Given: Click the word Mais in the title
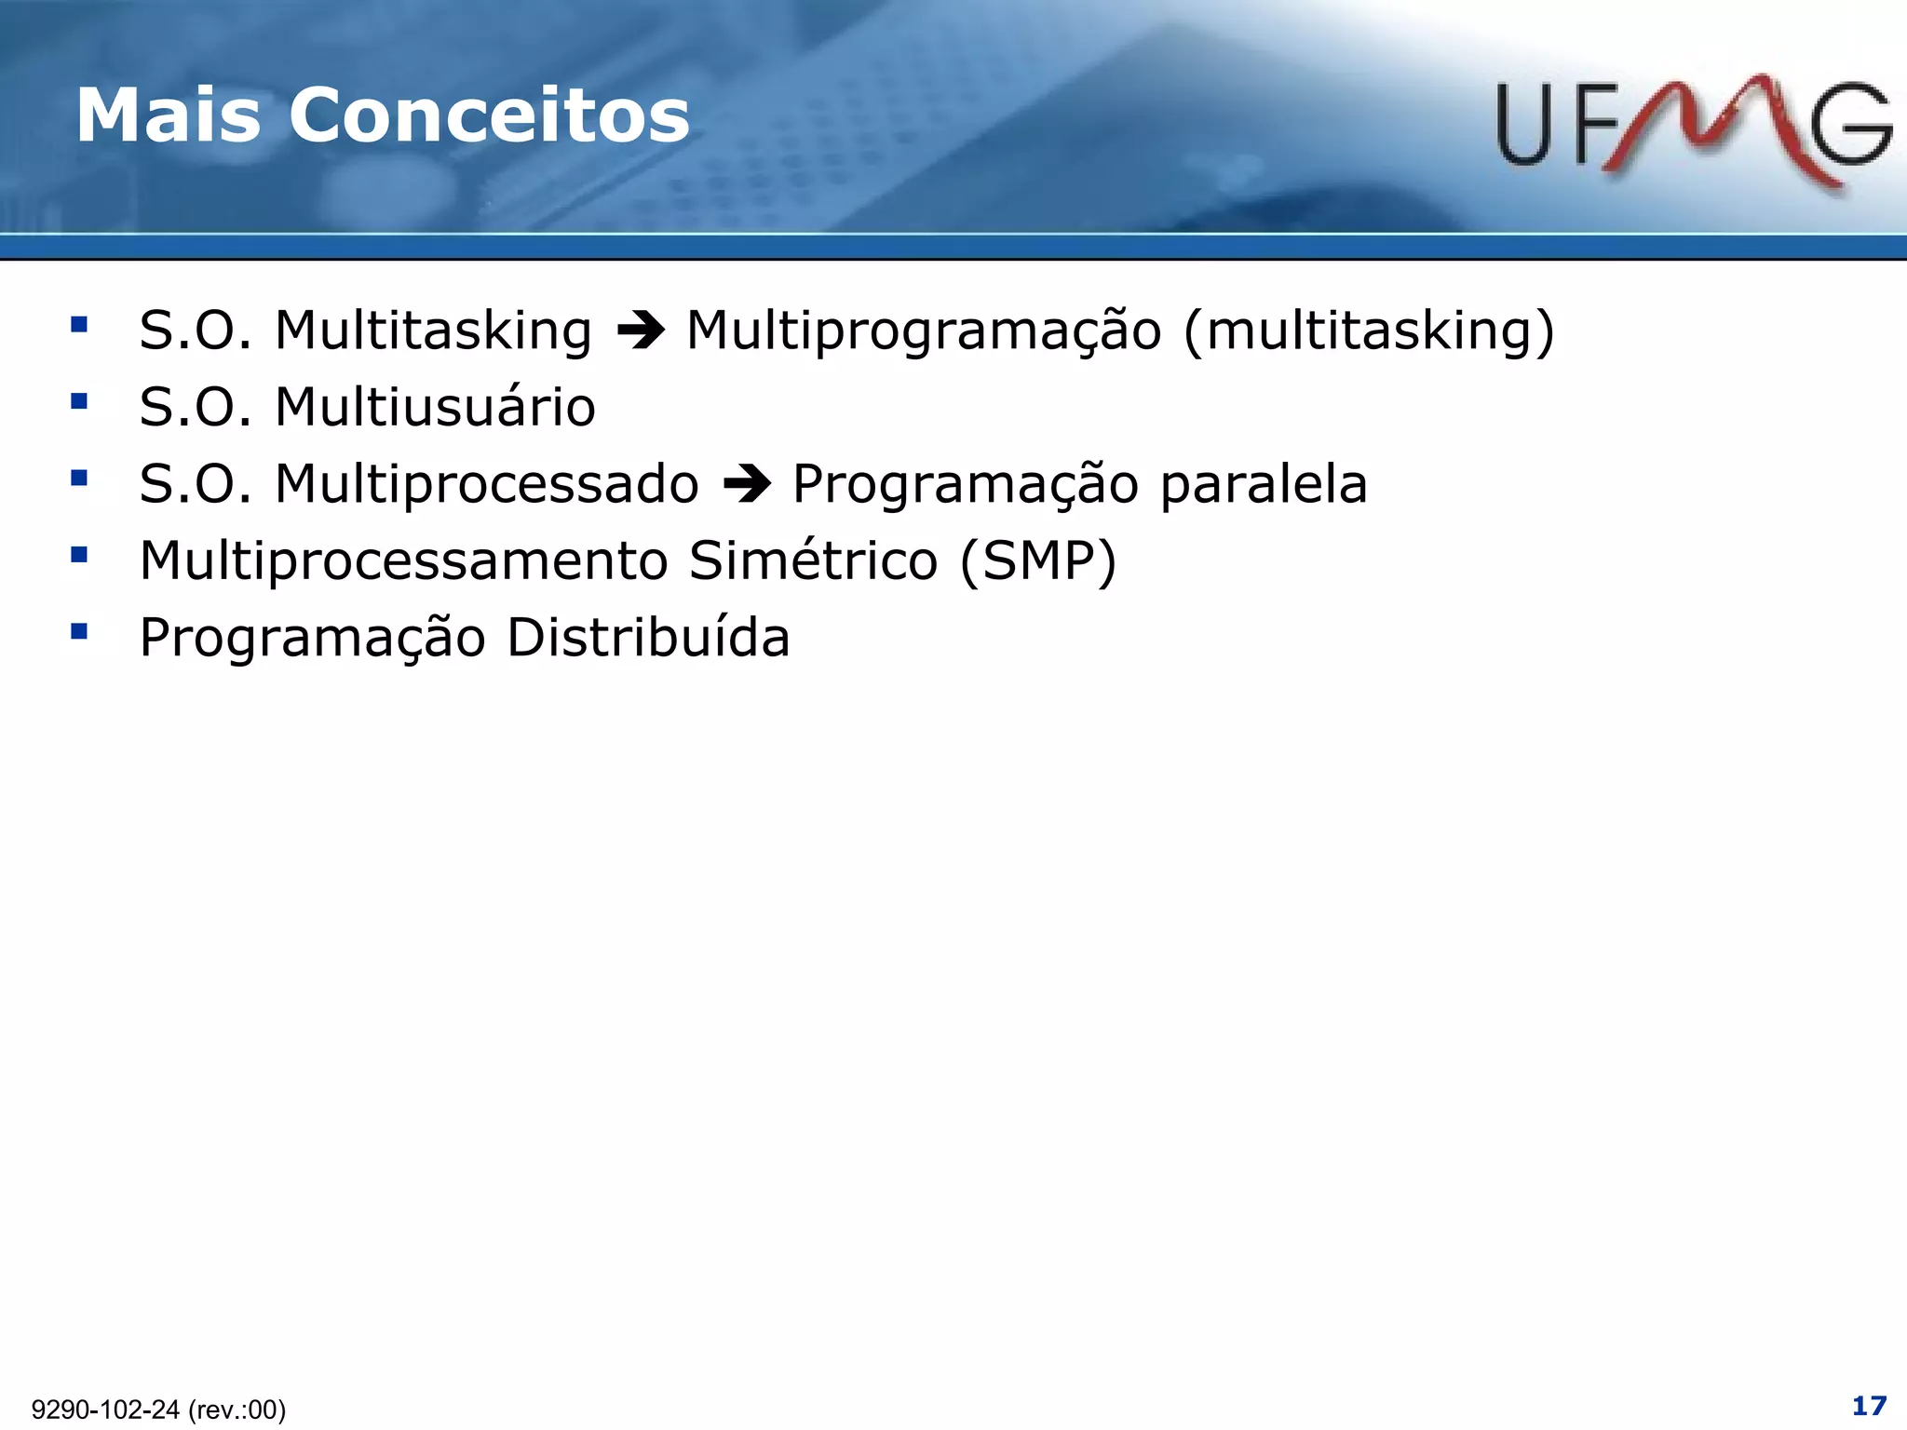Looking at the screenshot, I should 168,115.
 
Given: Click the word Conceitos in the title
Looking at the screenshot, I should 489,115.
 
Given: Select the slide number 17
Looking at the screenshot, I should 1869,1405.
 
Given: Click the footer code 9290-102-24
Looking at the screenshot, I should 105,1410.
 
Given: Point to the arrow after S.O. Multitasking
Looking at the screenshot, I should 641,331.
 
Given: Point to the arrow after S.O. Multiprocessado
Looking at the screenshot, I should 747,484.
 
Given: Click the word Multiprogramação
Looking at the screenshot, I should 924,331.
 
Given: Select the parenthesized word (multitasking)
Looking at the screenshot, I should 1369,331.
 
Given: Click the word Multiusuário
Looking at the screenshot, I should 435,407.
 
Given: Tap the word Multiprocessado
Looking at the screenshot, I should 486,484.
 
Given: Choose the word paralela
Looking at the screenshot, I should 1264,484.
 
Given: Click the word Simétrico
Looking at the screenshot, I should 812,560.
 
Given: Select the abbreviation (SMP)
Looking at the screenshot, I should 1037,560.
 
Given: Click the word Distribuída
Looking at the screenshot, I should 648,638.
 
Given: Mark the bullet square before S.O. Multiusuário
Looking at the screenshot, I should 79,401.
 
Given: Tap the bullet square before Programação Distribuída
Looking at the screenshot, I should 79,632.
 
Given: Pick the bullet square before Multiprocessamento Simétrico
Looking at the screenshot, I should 79,555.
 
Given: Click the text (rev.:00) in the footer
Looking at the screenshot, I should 237,1410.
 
